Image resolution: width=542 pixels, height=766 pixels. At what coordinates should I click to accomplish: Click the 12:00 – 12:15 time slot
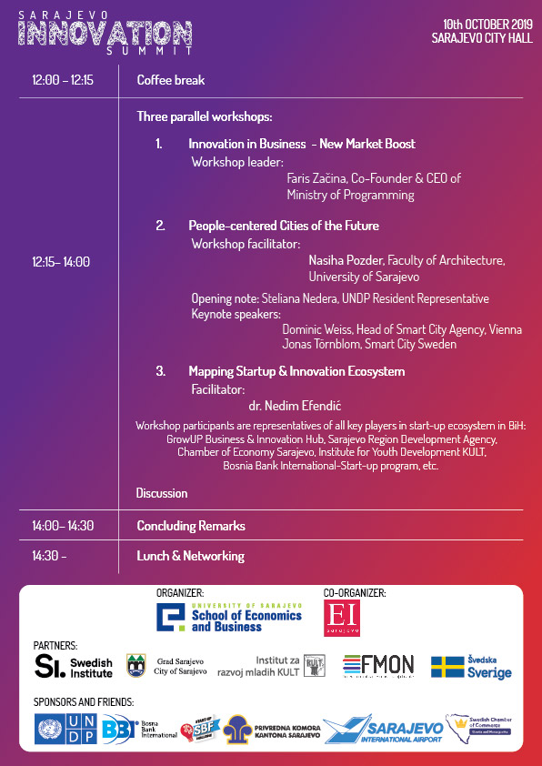(63, 80)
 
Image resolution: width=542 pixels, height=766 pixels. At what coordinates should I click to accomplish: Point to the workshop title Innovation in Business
(246, 144)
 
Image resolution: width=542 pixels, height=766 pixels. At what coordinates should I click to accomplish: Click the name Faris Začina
(317, 178)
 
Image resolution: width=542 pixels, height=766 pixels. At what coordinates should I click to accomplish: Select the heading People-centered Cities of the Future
(284, 226)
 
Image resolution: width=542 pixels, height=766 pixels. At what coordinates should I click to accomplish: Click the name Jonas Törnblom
(323, 345)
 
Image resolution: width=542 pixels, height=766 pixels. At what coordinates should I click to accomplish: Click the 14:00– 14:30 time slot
(63, 526)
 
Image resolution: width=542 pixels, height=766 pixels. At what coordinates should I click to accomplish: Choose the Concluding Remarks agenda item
(191, 526)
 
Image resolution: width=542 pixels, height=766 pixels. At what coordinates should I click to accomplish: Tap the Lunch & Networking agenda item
(190, 556)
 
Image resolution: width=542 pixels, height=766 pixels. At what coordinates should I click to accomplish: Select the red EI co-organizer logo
(342, 617)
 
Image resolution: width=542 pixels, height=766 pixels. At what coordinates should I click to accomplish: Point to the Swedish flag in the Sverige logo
(447, 667)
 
